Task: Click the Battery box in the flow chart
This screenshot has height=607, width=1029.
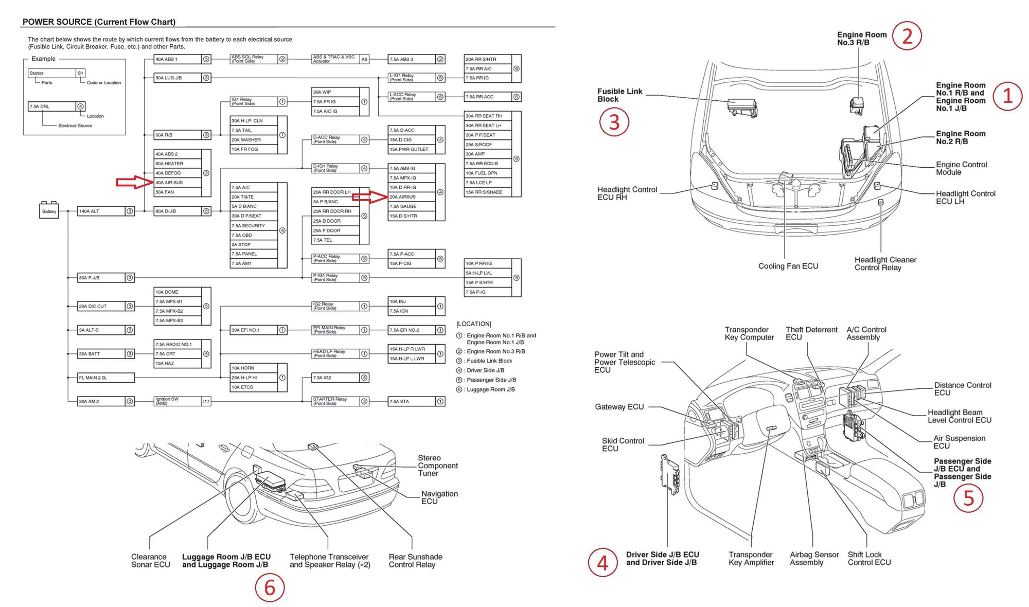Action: point(49,211)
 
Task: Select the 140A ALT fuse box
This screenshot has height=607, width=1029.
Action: point(101,211)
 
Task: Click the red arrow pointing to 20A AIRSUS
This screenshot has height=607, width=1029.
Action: point(369,197)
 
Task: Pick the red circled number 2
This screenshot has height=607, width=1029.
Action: point(907,35)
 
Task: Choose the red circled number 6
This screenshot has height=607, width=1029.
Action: point(270,587)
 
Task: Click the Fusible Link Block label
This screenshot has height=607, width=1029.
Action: point(619,95)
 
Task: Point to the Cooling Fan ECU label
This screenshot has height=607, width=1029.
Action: point(788,266)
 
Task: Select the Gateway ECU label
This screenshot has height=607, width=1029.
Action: point(619,407)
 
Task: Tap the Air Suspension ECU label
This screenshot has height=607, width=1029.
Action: point(959,442)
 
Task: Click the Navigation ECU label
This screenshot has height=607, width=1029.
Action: point(439,497)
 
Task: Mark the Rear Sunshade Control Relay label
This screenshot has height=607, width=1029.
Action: point(415,561)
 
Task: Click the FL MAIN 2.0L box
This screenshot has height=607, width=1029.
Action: point(105,378)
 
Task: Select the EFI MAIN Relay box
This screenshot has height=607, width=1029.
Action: point(334,330)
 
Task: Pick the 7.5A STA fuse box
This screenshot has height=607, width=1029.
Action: point(412,401)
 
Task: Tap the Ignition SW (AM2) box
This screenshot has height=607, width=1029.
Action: point(178,401)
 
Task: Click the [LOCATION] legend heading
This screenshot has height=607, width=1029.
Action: point(473,324)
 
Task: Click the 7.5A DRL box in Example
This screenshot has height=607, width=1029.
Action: point(51,106)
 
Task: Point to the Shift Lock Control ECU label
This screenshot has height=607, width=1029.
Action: point(869,559)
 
